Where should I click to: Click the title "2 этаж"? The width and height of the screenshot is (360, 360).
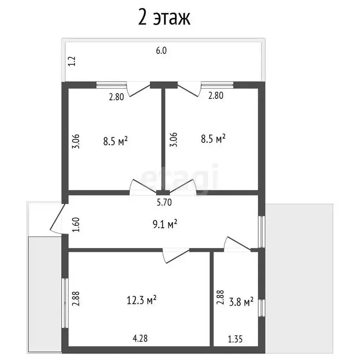click(164, 18)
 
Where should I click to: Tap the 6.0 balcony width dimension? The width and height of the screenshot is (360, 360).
click(161, 51)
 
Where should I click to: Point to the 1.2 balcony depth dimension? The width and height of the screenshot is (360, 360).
click(72, 61)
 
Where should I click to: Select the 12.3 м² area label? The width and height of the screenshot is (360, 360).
click(142, 300)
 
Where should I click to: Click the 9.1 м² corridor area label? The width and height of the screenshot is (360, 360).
click(165, 224)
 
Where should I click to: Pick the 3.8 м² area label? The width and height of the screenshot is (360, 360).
click(241, 302)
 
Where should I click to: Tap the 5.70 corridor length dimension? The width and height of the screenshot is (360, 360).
click(164, 202)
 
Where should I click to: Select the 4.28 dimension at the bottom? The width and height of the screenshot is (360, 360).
click(140, 338)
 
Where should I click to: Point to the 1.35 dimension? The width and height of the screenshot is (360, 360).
click(235, 339)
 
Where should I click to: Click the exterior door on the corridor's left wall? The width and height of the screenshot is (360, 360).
click(57, 219)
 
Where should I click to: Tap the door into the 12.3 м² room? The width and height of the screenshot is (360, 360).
click(176, 255)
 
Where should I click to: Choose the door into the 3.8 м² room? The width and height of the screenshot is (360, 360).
click(237, 244)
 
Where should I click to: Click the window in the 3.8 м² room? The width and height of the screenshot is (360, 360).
click(262, 308)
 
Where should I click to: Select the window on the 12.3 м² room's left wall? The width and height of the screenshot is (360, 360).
click(65, 303)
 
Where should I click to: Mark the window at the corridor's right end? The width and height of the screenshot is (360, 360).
click(262, 232)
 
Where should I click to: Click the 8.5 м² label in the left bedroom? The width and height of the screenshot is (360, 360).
click(115, 141)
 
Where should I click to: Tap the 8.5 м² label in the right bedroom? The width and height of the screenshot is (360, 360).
click(213, 139)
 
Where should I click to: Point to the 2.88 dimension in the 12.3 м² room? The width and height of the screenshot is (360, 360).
click(76, 299)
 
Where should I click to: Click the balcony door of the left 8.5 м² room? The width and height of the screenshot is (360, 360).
click(138, 90)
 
